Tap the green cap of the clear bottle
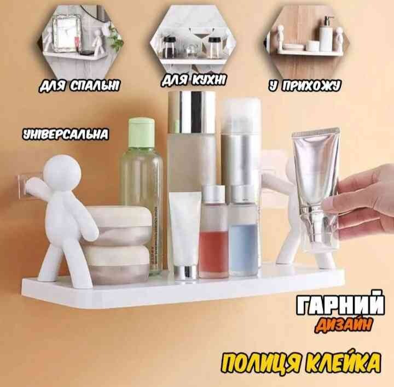click(x=141, y=133)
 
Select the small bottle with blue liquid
click(x=244, y=231)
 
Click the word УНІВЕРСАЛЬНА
click(x=66, y=134)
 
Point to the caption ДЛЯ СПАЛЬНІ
click(x=79, y=86)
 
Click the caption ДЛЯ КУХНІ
click(x=194, y=80)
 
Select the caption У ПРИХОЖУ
click(x=305, y=86)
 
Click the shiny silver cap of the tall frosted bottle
click(x=192, y=112)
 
